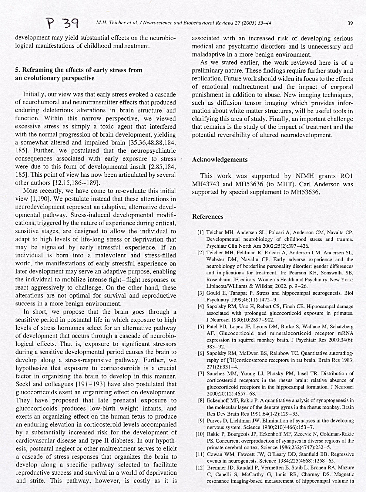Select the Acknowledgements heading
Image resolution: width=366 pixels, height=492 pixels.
220,160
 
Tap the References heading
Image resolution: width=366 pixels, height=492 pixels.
208,217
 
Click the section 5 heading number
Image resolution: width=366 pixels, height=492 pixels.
17,70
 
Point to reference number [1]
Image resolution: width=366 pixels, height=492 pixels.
200,233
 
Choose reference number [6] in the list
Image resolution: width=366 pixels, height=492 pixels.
200,354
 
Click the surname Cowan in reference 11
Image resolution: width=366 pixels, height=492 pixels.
214,454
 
